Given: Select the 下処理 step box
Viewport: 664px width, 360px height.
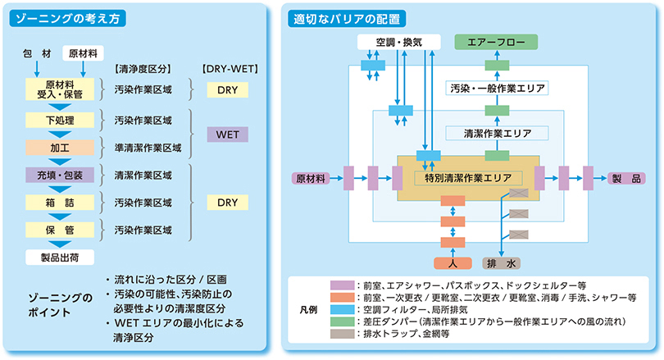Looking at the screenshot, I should click(60, 121).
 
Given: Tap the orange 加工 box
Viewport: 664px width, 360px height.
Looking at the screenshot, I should click(60, 148).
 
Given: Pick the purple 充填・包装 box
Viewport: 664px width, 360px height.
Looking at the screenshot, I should click(60, 174).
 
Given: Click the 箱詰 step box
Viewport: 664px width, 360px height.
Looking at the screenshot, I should click(60, 201).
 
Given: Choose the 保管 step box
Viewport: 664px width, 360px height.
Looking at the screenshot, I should click(60, 229).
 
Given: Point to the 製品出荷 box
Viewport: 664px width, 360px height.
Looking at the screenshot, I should click(60, 257).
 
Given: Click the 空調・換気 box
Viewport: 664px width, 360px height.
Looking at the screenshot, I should click(399, 41).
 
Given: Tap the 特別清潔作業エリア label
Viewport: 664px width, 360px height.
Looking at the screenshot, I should click(468, 177).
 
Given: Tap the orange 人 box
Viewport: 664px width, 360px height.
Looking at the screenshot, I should click(453, 264).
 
